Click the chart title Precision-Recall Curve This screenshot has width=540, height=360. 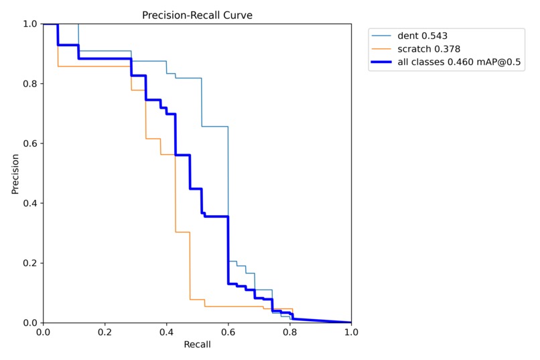point(197,15)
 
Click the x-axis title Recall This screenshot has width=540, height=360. point(197,345)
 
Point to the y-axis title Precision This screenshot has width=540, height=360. point(15,173)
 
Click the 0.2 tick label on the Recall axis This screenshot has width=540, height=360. point(105,332)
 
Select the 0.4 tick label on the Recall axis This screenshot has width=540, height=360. point(166,332)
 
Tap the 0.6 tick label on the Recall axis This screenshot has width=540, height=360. point(228,332)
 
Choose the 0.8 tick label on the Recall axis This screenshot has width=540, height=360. point(289,332)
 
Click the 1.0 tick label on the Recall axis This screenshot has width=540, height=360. point(350,332)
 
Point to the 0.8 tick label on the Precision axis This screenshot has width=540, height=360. point(31,84)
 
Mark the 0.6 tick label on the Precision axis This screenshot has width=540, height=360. point(31,143)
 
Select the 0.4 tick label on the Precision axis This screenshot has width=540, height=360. point(31,203)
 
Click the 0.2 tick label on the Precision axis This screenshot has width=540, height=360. point(31,263)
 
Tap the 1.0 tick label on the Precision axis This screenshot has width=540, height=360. point(31,24)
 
